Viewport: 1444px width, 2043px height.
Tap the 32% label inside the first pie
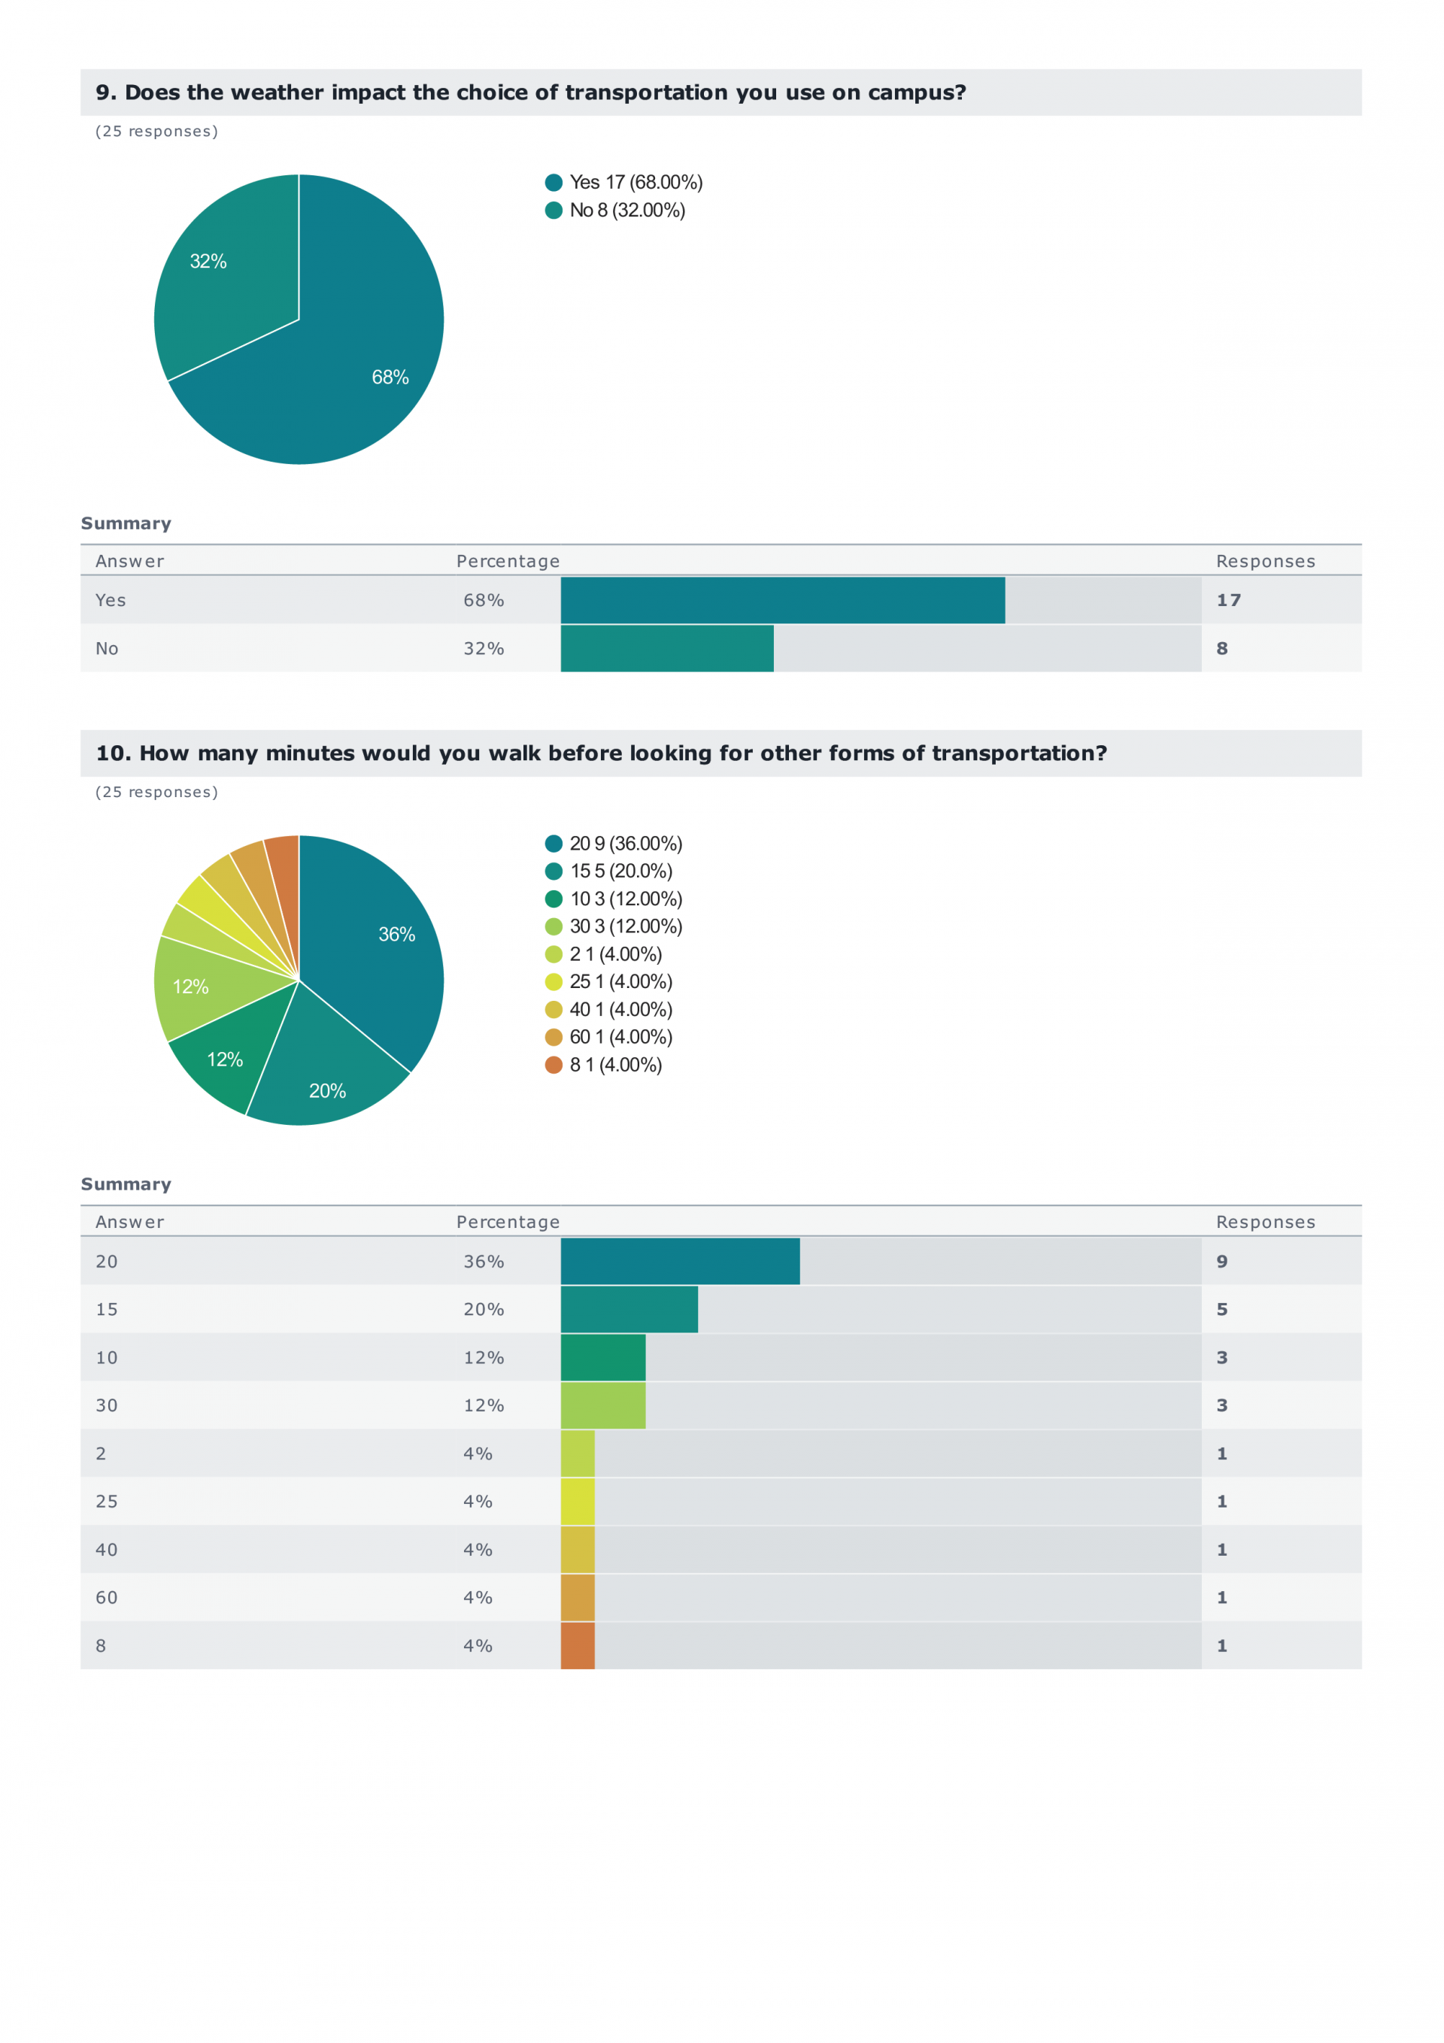click(x=208, y=262)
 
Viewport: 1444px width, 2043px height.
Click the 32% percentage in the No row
click(x=484, y=649)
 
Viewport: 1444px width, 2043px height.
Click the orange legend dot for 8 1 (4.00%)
click(x=554, y=1065)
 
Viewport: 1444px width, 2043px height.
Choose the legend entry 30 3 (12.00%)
click(x=625, y=926)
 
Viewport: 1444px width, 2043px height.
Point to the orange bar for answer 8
click(x=577, y=1645)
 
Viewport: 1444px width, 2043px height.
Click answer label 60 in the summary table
click(x=106, y=1597)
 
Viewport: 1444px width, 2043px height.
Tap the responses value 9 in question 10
click(x=1221, y=1261)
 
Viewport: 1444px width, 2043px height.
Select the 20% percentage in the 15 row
click(x=484, y=1309)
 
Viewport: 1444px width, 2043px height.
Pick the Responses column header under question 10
click(x=1264, y=1222)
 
